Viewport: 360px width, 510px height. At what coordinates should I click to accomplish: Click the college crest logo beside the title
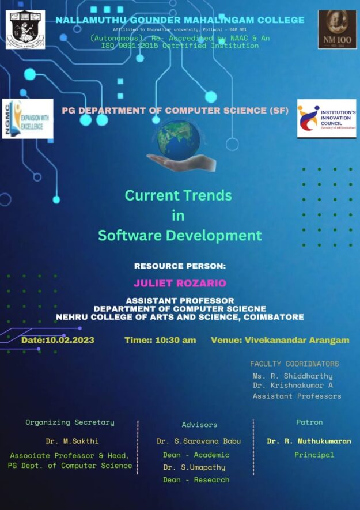pos(25,29)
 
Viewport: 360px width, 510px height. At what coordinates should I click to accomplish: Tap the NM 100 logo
pos(337,29)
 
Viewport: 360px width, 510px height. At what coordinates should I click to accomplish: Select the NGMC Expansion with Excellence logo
pos(28,119)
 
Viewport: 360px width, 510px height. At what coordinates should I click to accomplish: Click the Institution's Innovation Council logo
pos(326,118)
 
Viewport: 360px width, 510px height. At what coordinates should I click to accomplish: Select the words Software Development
pos(180,235)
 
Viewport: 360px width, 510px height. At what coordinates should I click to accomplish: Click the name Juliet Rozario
pos(180,283)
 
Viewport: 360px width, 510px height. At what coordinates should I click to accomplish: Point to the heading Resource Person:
pos(180,266)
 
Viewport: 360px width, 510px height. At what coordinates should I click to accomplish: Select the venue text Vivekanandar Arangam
pos(297,340)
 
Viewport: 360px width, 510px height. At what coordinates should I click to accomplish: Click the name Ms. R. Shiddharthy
pos(293,376)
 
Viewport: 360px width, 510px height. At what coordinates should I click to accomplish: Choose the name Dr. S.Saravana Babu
pos(199,441)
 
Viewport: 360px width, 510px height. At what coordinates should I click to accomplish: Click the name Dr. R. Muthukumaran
pos(309,441)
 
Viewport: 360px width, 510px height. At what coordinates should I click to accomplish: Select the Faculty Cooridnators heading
pos(294,364)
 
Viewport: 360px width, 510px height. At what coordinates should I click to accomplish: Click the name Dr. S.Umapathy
pos(194,467)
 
